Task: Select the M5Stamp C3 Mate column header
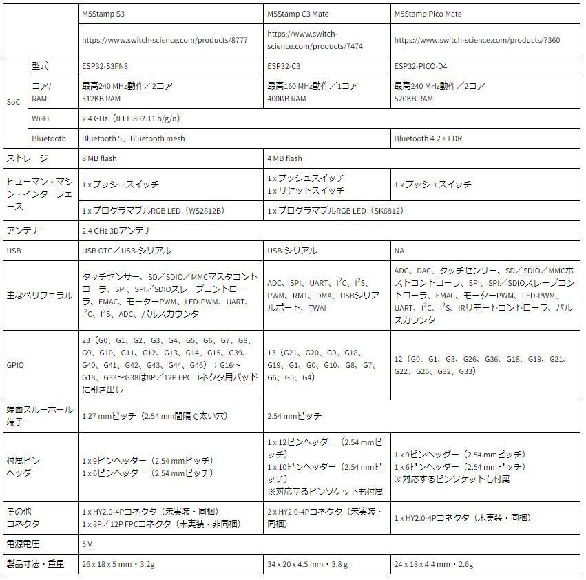tap(297, 14)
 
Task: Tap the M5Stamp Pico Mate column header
tap(428, 14)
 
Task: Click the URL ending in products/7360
tap(477, 40)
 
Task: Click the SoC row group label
tap(14, 101)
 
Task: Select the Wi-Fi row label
tap(40, 118)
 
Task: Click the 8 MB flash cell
tap(99, 158)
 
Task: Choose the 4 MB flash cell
tap(284, 158)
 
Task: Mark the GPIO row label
tap(15, 364)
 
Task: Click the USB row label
tap(13, 251)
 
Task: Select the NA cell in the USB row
tap(399, 251)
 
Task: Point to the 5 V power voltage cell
tap(87, 543)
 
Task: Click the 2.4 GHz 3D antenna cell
tap(116, 231)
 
